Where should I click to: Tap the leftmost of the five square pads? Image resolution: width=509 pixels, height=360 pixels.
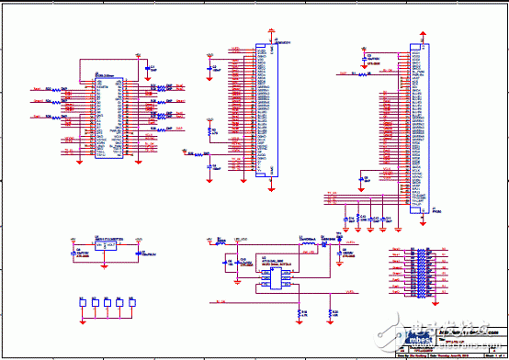(82, 302)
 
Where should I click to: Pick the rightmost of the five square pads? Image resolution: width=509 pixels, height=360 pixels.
(133, 302)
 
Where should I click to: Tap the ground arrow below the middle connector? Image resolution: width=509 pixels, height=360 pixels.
(270, 190)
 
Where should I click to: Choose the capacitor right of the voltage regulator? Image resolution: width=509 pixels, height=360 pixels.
(139, 248)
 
